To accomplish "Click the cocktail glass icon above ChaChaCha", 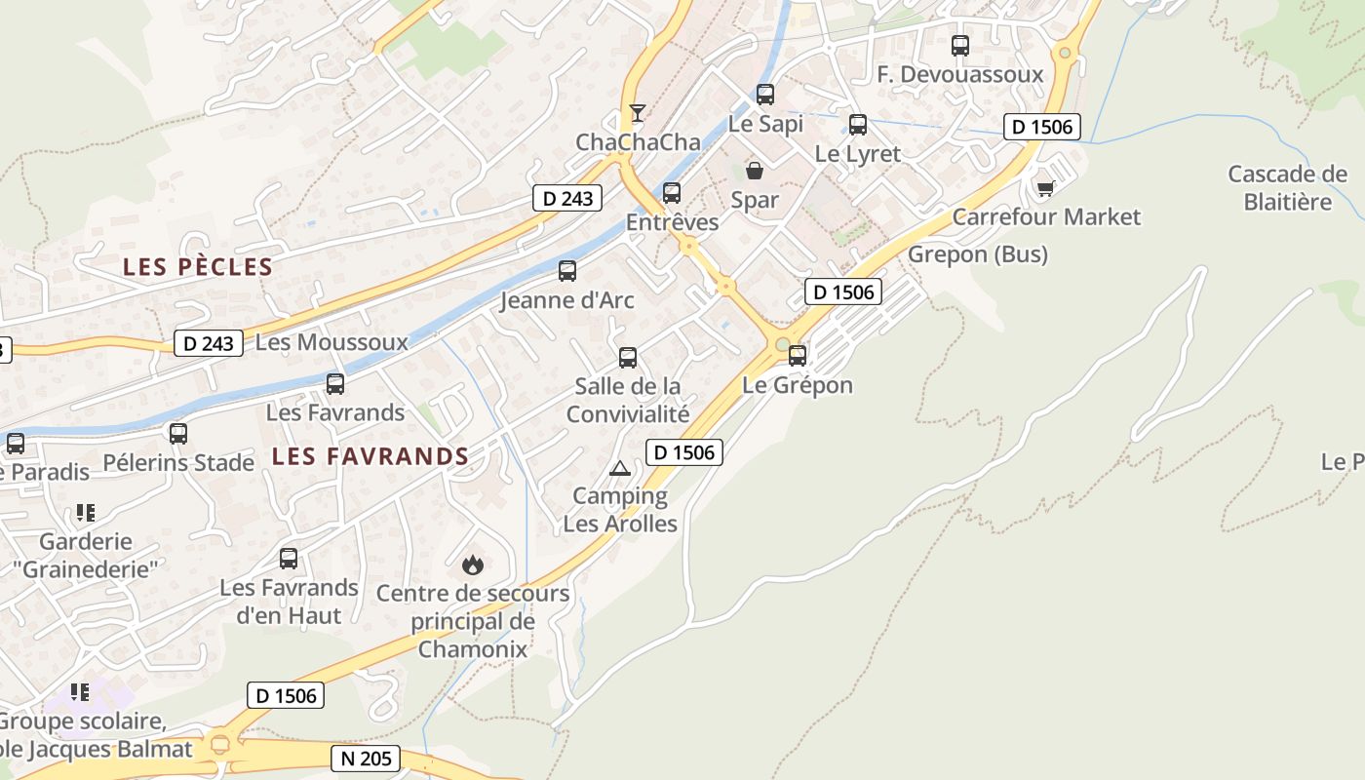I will click(637, 113).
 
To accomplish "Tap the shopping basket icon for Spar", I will click(755, 172).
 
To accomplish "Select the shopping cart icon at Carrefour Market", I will click(1046, 187).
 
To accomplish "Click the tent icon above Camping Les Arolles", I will click(620, 468).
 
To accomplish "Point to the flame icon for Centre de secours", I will click(473, 564).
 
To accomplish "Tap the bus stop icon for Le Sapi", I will click(765, 95).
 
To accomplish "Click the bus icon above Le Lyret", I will click(858, 125).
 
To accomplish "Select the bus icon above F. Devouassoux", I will click(960, 45).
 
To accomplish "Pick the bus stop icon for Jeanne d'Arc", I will click(567, 271).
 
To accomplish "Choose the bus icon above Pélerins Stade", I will click(178, 433).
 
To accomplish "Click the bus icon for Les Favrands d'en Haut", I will click(289, 559).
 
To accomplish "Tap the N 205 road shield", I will click(366, 758).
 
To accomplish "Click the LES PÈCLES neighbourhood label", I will click(198, 266).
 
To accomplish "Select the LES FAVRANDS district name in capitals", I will click(370, 455).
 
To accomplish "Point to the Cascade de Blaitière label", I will click(1287, 188).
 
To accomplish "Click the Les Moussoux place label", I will click(331, 342).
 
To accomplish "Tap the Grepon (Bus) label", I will click(978, 254).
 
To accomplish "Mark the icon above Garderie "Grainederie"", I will click(85, 512).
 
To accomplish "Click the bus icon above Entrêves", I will click(672, 193).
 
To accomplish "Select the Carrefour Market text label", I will click(1046, 216).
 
